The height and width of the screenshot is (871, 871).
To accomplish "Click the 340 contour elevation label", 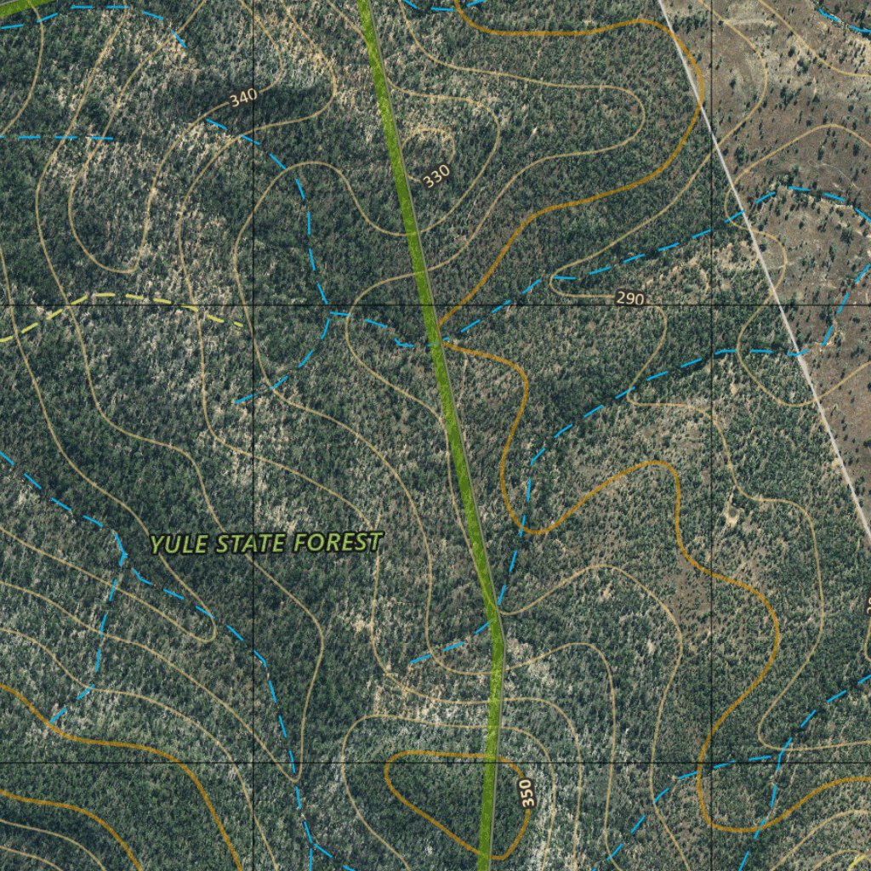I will tap(242, 99).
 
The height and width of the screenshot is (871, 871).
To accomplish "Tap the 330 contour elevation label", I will tap(435, 176).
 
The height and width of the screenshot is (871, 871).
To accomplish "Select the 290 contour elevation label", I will tap(629, 299).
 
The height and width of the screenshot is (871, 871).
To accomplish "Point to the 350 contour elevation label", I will tap(527, 793).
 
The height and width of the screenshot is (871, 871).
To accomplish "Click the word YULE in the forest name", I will tap(179, 544).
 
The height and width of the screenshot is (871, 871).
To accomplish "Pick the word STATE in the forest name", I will tap(250, 543).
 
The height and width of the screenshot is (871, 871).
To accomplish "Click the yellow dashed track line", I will tap(128, 299).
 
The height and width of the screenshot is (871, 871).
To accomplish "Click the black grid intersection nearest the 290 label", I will tap(711, 305).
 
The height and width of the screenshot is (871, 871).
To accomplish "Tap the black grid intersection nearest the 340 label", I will tap(253, 305).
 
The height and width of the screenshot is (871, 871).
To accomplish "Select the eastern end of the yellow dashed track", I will tap(243, 324).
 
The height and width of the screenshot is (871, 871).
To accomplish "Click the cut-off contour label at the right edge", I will tap(867, 604).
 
